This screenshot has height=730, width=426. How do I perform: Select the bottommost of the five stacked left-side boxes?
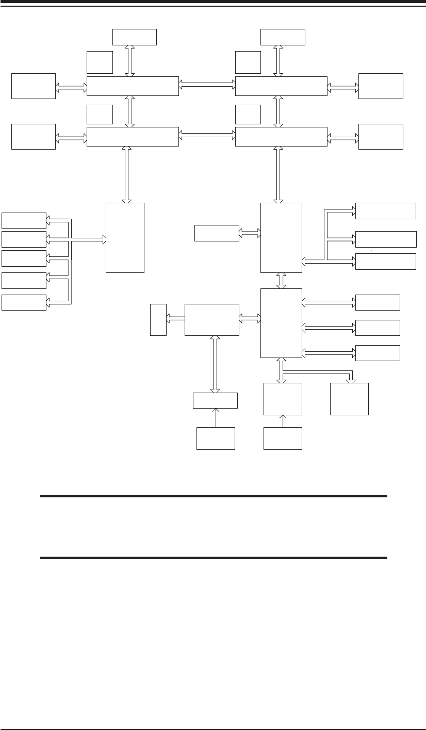(24, 302)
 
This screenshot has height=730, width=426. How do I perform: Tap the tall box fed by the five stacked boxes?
(125, 237)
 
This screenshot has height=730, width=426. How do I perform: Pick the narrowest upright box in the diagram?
(158, 320)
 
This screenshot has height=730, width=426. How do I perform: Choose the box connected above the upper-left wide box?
(134, 37)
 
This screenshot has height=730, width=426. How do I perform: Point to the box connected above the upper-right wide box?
(283, 37)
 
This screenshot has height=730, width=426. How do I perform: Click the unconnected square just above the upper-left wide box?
(100, 62)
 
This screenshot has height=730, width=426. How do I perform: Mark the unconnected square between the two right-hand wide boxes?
(248, 114)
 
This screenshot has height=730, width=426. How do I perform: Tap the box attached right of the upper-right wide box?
(381, 86)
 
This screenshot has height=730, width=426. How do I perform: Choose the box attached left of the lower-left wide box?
(34, 137)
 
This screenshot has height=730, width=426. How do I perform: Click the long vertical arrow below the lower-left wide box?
(125, 174)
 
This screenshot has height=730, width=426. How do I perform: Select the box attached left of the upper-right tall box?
(217, 233)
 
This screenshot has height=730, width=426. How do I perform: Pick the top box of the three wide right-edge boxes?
(386, 210)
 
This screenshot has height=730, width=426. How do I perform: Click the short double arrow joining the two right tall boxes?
(282, 280)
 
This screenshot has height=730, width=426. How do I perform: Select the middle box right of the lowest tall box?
(378, 328)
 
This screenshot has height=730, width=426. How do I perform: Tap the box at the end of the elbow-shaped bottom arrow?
(350, 399)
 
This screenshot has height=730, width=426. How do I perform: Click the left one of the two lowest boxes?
(216, 439)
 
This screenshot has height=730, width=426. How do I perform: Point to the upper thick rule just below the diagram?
(214, 496)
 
